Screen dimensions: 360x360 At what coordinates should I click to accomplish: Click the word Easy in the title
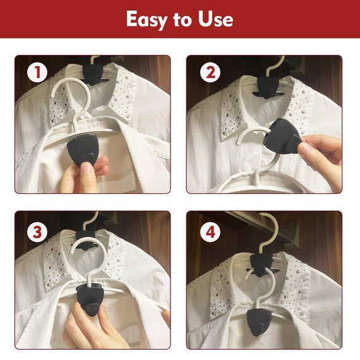147,20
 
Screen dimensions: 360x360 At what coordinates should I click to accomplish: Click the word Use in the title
215,19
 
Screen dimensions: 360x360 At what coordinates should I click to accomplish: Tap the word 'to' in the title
183,20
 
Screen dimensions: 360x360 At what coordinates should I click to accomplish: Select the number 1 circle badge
37,72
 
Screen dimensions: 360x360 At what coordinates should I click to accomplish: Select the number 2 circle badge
210,72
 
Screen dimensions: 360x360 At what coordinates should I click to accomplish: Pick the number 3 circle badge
37,232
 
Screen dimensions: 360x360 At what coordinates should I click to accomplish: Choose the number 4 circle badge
210,232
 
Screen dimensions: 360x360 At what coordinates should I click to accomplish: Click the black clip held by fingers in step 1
83,149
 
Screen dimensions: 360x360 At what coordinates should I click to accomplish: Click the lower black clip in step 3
89,299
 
